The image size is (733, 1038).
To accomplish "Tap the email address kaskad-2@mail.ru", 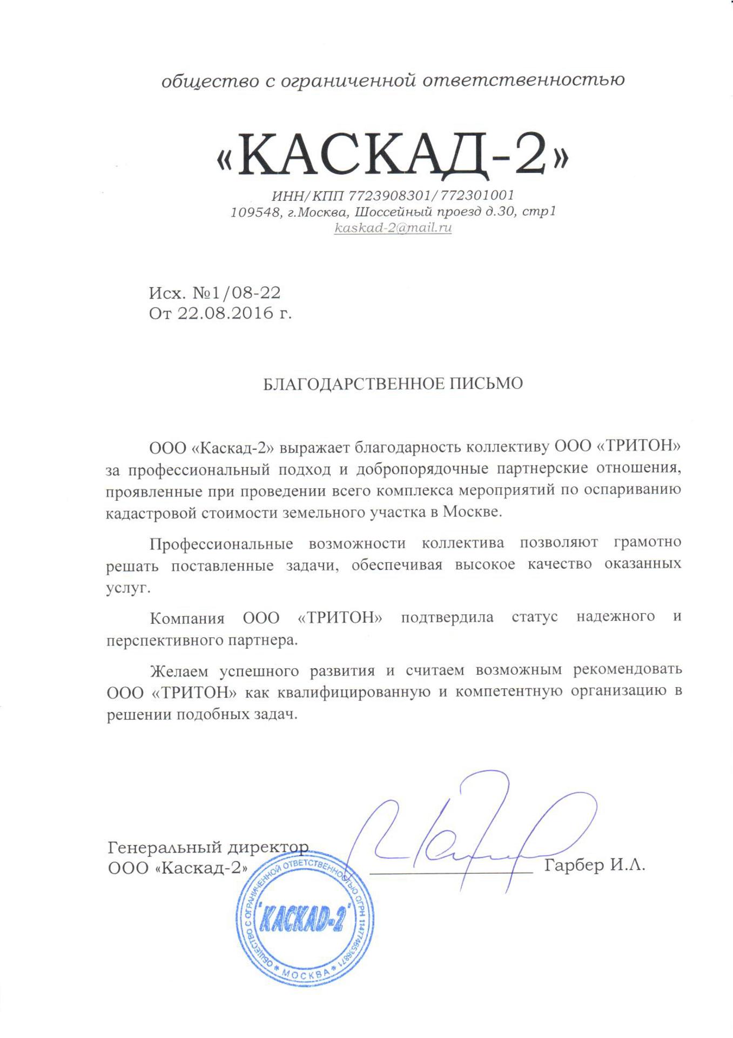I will click(393, 228).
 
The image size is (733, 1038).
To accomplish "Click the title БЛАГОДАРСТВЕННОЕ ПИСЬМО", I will click(393, 383).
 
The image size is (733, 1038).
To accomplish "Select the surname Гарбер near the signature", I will click(575, 865).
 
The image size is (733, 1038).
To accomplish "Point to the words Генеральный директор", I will click(209, 846).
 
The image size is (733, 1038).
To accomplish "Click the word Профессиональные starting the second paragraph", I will click(221, 542).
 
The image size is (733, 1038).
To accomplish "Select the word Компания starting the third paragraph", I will click(187, 617).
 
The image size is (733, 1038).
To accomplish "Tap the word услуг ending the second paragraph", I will click(126, 588).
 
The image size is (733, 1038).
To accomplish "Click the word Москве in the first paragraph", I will click(472, 512).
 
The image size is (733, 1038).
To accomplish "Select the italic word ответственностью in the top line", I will click(524, 81).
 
